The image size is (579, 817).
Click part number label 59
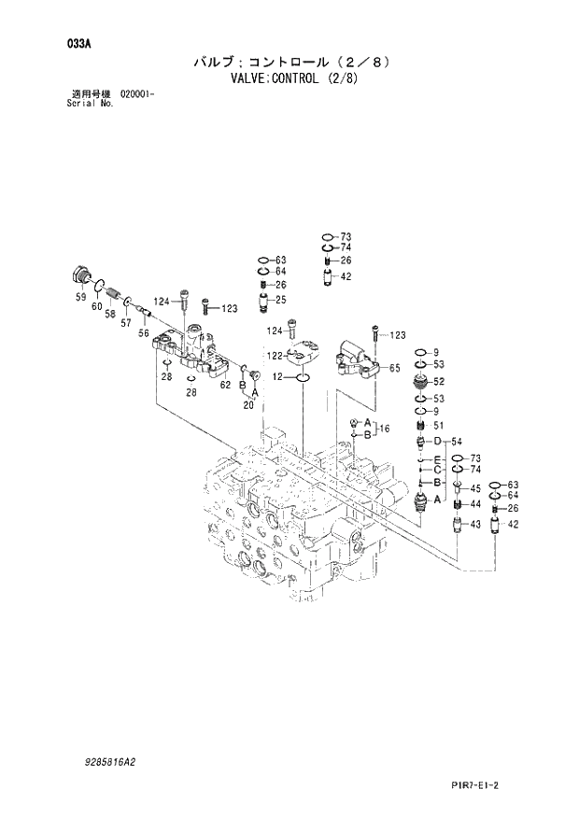coord(80,298)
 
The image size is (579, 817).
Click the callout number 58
coord(110,314)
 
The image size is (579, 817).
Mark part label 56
coord(143,332)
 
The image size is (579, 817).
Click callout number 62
coord(225,384)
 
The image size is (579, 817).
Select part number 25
coord(280,300)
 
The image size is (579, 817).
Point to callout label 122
coord(274,356)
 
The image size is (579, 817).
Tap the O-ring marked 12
coord(303,378)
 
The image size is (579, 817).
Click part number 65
coord(394,368)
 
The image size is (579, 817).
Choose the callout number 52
coord(438,381)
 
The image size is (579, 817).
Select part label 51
coord(438,426)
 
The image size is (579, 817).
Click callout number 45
coord(474,488)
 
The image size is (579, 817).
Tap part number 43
coord(474,524)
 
